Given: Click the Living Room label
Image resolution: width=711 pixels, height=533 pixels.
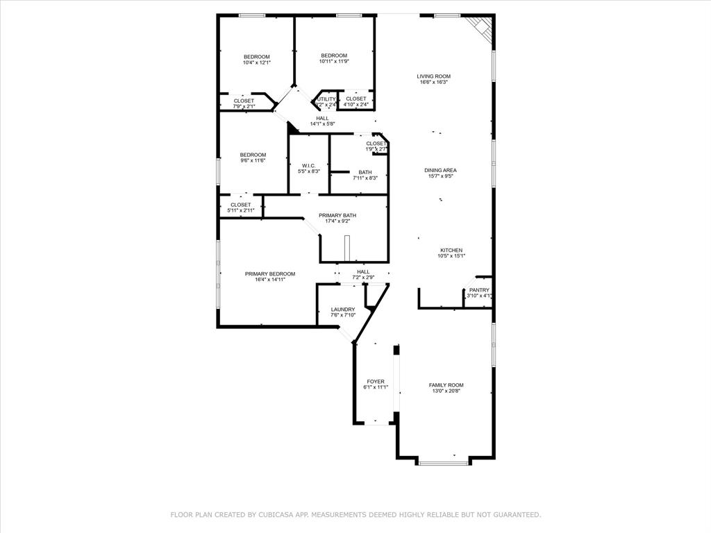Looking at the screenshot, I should pos(433,76).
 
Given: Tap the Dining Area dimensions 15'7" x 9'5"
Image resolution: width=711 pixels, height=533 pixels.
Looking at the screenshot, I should pos(441,176).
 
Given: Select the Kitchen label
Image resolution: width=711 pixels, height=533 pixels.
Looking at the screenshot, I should pos(451,251).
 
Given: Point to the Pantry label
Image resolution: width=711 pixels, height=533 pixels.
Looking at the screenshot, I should pos(479,290).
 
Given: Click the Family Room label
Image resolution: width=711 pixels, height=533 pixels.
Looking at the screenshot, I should pos(446,385).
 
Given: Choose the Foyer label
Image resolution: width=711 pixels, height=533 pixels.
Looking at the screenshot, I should pos(376,382).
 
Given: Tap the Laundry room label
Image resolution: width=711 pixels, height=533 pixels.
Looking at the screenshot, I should pos(343,310).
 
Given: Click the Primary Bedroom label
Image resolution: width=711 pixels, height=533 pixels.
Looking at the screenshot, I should pos(270,274).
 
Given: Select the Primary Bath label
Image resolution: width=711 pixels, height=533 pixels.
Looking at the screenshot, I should pos(337,216).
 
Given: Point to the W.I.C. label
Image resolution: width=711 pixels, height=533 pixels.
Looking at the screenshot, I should pos(309,165).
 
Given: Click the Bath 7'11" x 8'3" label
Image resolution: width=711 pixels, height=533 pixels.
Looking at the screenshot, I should pos(365,172).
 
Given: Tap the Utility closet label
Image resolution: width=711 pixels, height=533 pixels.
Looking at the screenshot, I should pos(326,99).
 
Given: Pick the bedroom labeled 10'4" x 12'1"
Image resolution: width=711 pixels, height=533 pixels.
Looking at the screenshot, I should pos(256,57).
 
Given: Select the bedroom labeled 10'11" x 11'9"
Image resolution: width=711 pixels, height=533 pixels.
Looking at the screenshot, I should pos(334,56).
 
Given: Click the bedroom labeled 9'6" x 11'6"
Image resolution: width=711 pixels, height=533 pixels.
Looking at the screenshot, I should pos(253,155).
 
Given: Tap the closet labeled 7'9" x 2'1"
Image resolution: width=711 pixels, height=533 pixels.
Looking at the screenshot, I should pos(244,101).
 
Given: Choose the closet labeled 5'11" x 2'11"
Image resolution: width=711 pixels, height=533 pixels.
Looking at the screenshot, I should pos(241,205).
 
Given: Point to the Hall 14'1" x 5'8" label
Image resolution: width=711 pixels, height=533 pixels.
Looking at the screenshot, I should pos(322,118).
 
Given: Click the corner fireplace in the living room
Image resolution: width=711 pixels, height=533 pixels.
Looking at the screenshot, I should pos(481,28).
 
